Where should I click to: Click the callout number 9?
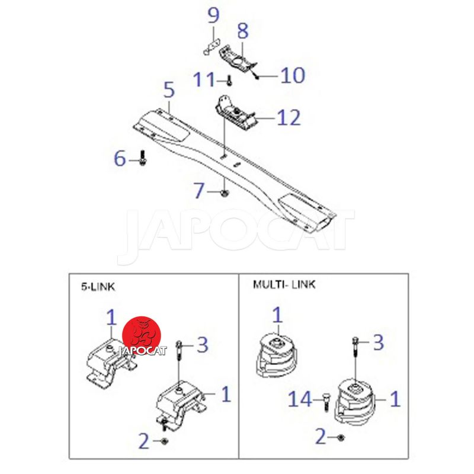click(x=213, y=15)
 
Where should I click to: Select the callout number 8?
click(x=243, y=31)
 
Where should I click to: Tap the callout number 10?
click(x=292, y=75)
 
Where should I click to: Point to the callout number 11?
click(x=204, y=79)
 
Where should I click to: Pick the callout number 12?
click(x=289, y=117)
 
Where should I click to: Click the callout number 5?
click(x=169, y=89)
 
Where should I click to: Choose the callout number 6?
click(x=120, y=158)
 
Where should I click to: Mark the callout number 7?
click(x=200, y=190)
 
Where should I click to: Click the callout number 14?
click(x=300, y=399)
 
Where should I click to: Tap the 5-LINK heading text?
click(x=98, y=286)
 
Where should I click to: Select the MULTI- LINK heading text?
click(x=284, y=284)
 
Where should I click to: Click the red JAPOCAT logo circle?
click(x=142, y=336)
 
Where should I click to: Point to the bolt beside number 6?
click(x=142, y=158)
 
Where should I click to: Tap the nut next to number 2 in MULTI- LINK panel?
click(x=340, y=437)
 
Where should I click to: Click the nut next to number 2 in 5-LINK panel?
click(x=165, y=441)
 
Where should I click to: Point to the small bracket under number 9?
click(x=212, y=48)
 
